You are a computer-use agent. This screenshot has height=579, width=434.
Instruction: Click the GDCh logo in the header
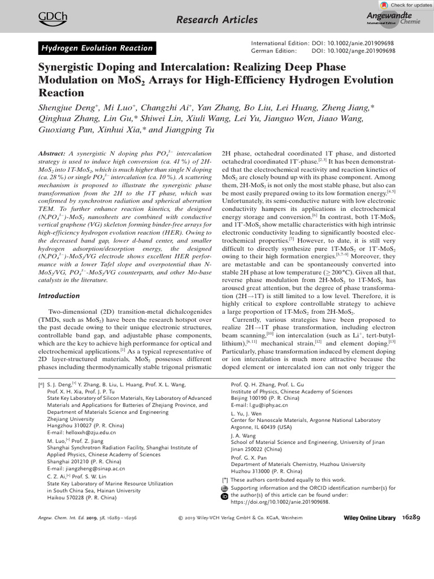point(50,20)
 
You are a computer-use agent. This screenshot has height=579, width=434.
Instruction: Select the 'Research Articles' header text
point(217,20)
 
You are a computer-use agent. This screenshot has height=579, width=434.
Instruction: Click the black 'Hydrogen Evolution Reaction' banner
point(97,48)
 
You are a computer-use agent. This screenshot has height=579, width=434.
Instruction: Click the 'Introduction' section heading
point(59,296)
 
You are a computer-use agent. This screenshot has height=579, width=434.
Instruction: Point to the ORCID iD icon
point(224,496)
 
